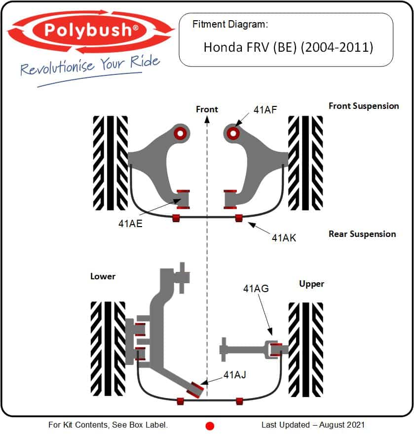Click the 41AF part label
tap(265, 109)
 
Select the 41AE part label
tap(130, 223)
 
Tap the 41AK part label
tap(284, 237)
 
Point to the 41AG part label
tap(256, 289)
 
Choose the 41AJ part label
tap(234, 375)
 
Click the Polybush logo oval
tap(91, 31)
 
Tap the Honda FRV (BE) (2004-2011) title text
tap(288, 47)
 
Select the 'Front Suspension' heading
tap(363, 106)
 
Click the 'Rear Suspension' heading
tap(362, 234)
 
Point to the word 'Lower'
tap(103, 276)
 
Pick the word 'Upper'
tap(311, 284)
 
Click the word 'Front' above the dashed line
tap(207, 109)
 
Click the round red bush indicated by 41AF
tap(232, 132)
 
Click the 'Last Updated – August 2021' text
tap(313, 425)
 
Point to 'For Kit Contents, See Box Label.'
tap(108, 425)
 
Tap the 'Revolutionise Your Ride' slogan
tap(90, 66)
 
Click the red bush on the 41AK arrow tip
tap(239, 218)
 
